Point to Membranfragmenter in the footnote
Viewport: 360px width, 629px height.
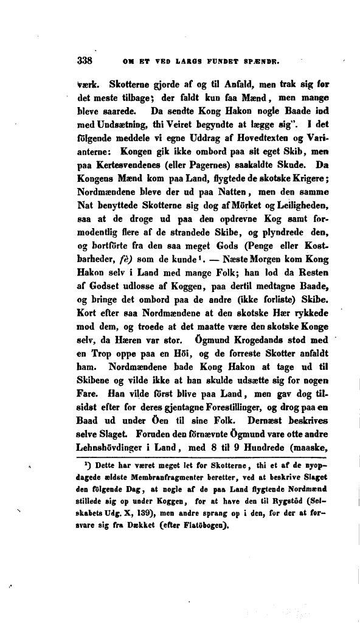(175, 477)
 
